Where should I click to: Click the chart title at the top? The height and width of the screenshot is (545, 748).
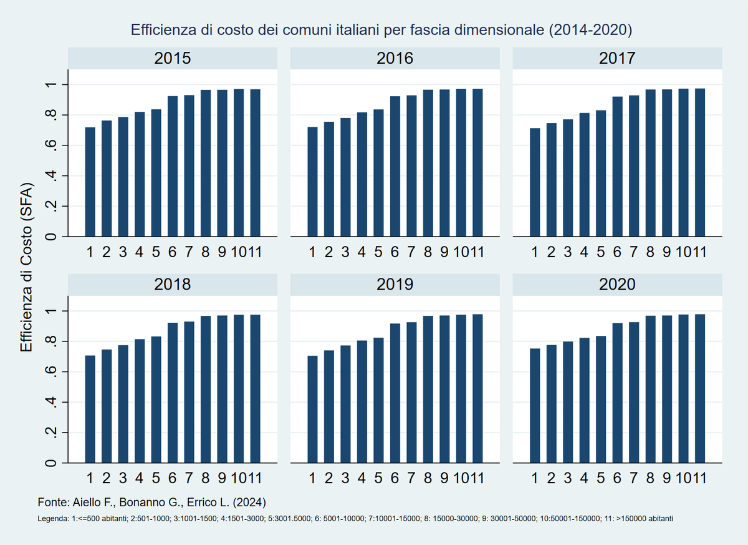pos(381,30)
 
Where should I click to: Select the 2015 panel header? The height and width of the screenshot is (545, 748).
pos(172,59)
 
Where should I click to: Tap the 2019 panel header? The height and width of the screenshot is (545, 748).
pos(395,285)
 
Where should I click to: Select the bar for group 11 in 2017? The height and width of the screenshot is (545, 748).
pos(700,163)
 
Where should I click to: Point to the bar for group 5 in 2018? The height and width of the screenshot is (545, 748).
pos(156,400)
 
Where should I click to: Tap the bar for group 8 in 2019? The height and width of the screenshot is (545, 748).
pos(428,390)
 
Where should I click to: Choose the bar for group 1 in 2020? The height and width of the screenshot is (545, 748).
pos(535,406)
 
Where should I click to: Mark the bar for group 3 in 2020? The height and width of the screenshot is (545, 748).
pos(568,403)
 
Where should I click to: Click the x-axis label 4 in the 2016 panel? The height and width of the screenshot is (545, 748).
pos(362,253)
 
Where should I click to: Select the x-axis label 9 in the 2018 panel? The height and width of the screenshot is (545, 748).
pos(222,479)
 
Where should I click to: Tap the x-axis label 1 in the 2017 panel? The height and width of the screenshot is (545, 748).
pos(535,253)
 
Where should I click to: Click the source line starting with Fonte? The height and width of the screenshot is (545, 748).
pos(153,503)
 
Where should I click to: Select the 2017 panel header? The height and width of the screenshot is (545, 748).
pos(617,59)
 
